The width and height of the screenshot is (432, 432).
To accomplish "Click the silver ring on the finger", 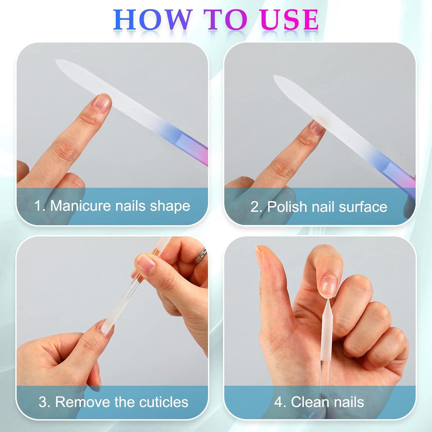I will [x=201, y=255].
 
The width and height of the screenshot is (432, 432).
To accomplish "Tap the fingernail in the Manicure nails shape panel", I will [x=102, y=103].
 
